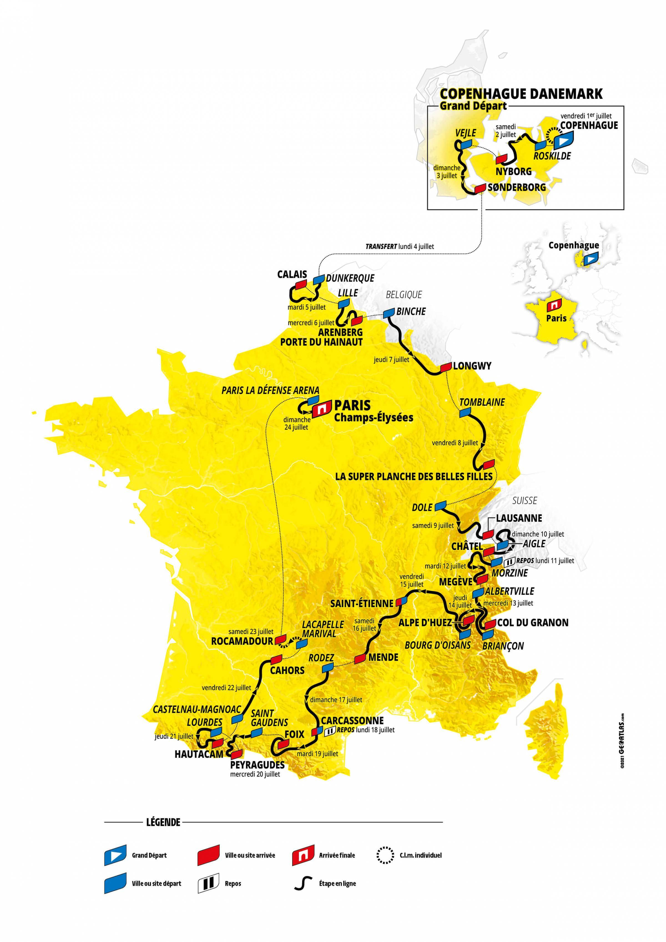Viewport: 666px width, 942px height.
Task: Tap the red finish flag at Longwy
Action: coord(446,367)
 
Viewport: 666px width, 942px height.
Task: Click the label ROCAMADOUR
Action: coord(242,641)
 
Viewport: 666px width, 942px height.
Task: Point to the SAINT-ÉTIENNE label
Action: coord(362,603)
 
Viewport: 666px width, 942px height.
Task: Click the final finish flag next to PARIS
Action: coord(321,409)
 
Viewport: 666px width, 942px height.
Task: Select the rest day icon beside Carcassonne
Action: coord(330,731)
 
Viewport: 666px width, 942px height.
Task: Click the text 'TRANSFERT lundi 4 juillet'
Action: coord(400,247)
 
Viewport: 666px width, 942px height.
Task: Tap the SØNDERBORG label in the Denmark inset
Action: coord(517,188)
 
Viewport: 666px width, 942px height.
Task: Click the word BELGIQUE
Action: coord(404,295)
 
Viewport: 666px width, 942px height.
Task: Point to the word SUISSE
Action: coord(524,501)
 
